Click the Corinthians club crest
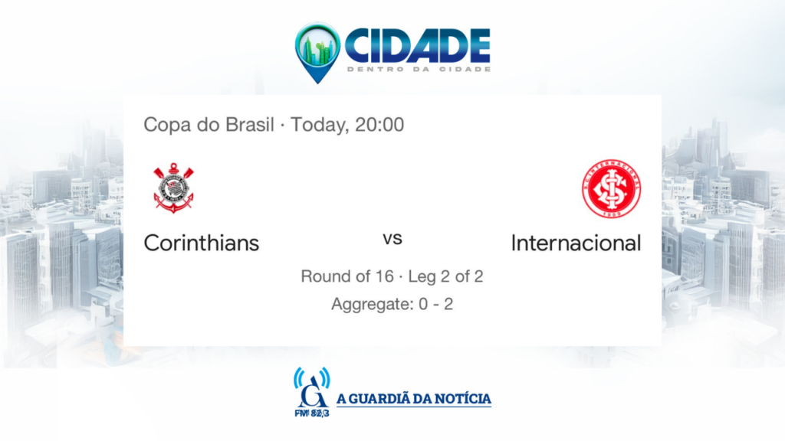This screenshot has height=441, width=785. tap(173, 188)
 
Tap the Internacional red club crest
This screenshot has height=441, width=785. tap(611, 188)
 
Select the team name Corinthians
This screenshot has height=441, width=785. tap(202, 243)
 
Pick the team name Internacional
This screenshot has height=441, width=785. tap(576, 243)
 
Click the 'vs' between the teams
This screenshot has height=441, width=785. tap(392, 239)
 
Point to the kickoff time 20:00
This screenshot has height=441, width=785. tap(379, 125)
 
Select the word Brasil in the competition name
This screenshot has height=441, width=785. tap(250, 125)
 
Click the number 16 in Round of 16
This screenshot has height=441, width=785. tap(384, 276)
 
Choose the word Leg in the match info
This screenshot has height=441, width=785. tap(422, 277)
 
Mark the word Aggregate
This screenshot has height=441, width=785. tap(372, 305)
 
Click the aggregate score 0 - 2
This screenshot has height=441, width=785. tap(435, 304)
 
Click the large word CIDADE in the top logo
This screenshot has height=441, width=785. tap(418, 45)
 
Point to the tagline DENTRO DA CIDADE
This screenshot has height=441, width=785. tap(419, 69)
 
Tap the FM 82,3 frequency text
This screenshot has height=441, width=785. tap(312, 413)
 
